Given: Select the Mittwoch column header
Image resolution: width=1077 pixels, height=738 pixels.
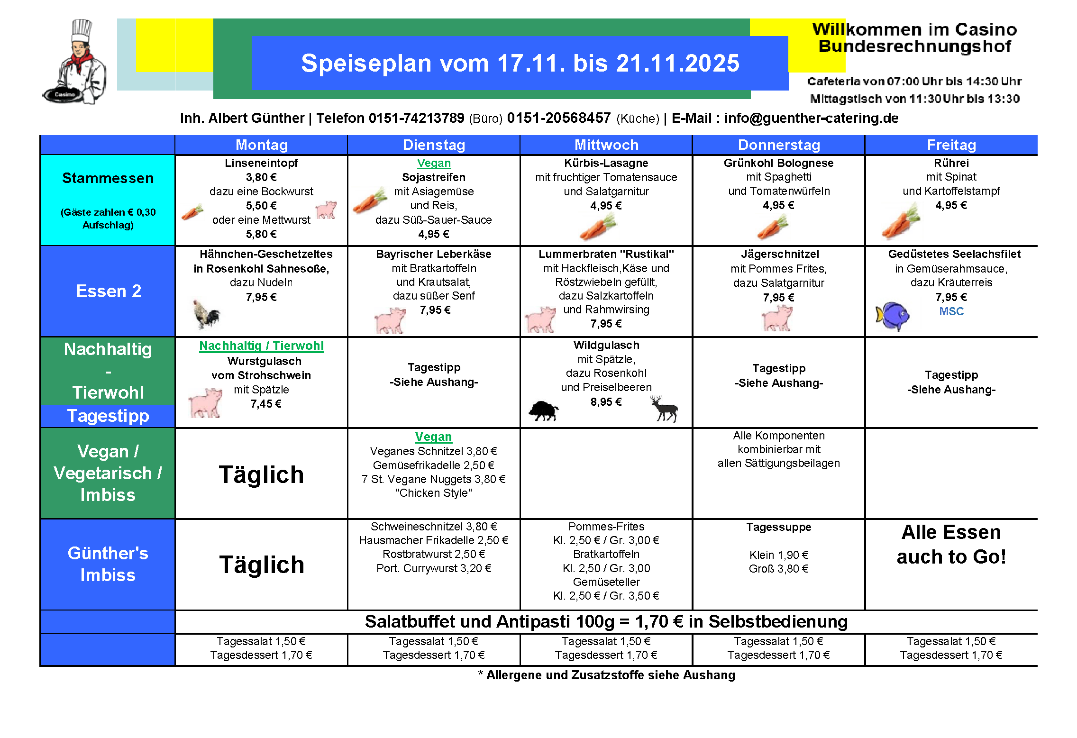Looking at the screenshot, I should tap(606, 145).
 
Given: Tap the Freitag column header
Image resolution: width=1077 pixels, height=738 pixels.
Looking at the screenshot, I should tap(951, 145).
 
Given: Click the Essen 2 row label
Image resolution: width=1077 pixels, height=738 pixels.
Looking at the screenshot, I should tap(109, 291).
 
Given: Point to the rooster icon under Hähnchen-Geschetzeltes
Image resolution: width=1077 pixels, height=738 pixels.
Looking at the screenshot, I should tap(207, 314).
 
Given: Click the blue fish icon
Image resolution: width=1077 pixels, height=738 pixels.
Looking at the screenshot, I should tap(892, 316).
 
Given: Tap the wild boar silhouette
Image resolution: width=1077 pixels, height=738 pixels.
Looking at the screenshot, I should tap(544, 410).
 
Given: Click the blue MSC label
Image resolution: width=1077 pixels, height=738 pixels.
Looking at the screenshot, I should tap(951, 311).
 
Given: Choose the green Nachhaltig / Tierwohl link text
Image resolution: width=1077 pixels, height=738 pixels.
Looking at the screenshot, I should tap(261, 346).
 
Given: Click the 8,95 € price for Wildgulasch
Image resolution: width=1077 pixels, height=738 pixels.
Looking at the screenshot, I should tap(606, 402).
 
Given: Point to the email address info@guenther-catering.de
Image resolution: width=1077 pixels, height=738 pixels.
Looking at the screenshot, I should tap(811, 118).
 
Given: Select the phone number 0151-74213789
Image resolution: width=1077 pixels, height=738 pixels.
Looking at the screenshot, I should tap(416, 118).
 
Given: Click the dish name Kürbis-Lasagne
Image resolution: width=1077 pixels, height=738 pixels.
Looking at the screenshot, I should tap(606, 163).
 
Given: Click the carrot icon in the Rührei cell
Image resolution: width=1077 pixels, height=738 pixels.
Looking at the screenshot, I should tap(900, 222).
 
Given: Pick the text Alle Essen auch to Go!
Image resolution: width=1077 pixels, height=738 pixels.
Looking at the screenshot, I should tap(951, 545).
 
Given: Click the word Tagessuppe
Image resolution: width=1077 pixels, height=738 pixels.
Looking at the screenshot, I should tap(778, 527).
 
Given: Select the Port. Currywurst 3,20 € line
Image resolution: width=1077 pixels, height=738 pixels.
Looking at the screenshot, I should tap(433, 568).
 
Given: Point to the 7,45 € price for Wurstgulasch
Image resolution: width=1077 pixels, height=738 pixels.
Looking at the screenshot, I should tap(266, 404).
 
